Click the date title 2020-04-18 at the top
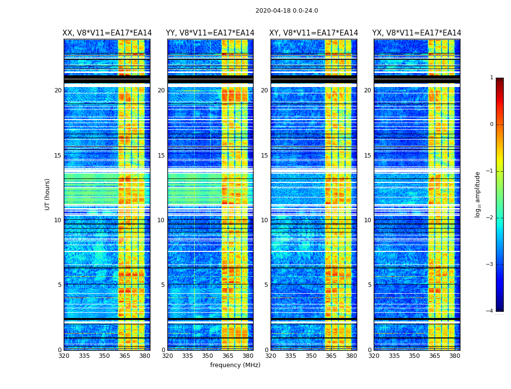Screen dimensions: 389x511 (287, 11)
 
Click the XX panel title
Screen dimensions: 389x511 (107, 33)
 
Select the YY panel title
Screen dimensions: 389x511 (210, 33)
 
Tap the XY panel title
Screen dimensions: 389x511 (314, 33)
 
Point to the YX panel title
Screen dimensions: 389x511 (417, 33)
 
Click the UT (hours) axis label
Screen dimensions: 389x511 (48, 194)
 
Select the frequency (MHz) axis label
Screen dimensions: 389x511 (235, 365)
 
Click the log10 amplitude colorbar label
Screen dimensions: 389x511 (478, 194)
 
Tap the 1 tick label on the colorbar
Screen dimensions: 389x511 (492, 78)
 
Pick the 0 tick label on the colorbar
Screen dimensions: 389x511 (492, 124)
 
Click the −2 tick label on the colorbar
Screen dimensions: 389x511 (491, 218)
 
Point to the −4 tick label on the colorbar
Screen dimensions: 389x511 (491, 311)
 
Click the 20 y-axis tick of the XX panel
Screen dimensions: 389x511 (58, 90)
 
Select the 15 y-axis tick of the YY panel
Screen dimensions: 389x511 (161, 156)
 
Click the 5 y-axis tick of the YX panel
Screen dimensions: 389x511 (369, 285)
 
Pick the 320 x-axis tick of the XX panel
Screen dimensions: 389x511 (64, 356)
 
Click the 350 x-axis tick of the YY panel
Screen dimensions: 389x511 (208, 356)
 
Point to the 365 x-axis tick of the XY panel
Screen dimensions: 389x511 (331, 356)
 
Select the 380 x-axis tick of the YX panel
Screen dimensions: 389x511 (455, 356)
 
